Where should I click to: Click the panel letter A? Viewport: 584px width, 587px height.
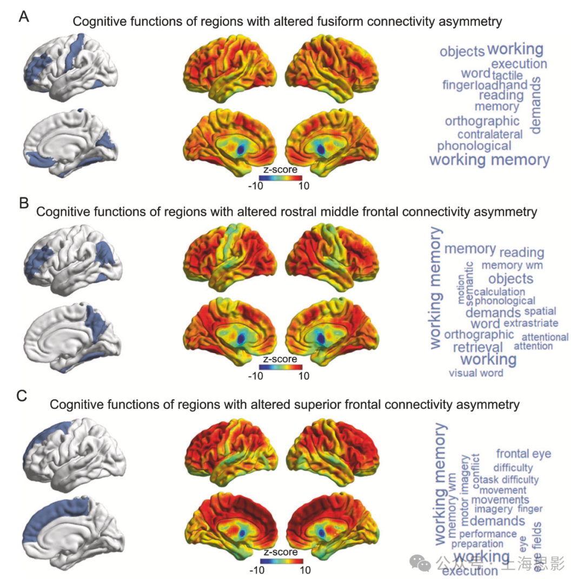(x=24, y=17)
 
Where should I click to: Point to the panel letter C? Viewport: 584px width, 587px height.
(x=22, y=396)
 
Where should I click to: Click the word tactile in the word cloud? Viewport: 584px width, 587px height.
(x=507, y=75)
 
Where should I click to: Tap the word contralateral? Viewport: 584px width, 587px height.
(x=490, y=134)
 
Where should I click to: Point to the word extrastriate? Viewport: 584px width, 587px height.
(x=530, y=323)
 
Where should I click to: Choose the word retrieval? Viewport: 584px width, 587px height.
(x=477, y=347)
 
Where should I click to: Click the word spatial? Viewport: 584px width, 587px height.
(x=540, y=312)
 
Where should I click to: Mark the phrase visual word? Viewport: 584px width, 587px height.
(x=476, y=373)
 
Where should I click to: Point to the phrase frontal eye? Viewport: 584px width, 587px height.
(x=523, y=454)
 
